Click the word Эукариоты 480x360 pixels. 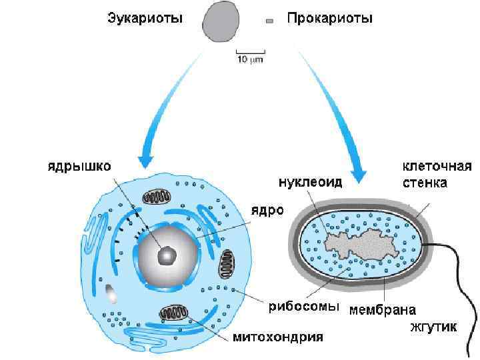pyautogui.click(x=145, y=19)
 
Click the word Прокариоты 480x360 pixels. pyautogui.click(x=329, y=19)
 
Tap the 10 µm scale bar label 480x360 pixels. pyautogui.click(x=251, y=60)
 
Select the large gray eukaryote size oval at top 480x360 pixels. pyautogui.click(x=223, y=20)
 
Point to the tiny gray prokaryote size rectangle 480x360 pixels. pyautogui.click(x=269, y=21)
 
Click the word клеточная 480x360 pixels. pyautogui.click(x=437, y=165)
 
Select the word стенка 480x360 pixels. pyautogui.click(x=425, y=181)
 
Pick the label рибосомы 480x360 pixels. pyautogui.click(x=303, y=307)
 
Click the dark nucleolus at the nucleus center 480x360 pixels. pyautogui.click(x=167, y=254)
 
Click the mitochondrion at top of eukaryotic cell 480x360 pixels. pyautogui.click(x=158, y=198)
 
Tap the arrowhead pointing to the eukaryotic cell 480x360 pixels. pyautogui.click(x=146, y=163)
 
